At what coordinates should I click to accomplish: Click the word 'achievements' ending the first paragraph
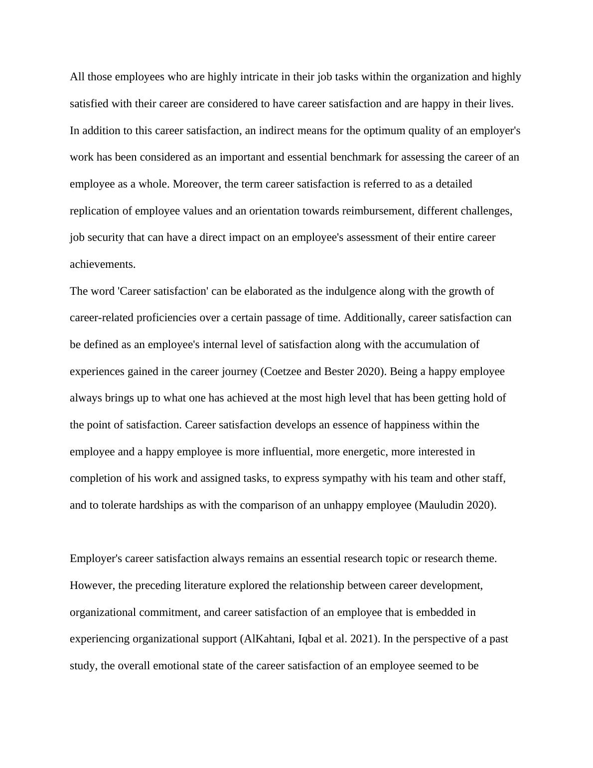pyautogui.click(x=102, y=264)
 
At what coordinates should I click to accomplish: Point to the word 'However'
pyautogui.click(x=91, y=585)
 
